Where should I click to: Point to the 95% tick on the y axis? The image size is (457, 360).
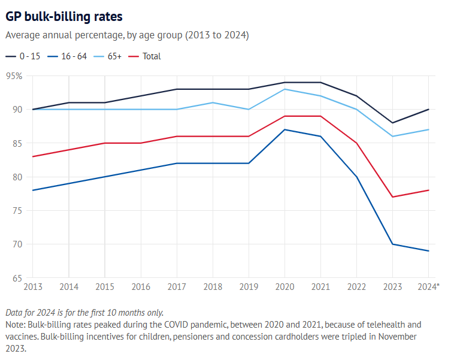(14, 76)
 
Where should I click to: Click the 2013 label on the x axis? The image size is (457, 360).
(32, 287)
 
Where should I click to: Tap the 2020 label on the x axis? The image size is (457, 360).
(285, 287)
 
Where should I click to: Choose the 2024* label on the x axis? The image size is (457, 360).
(429, 287)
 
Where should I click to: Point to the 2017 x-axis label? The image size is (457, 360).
(177, 287)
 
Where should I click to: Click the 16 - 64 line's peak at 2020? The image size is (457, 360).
(285, 129)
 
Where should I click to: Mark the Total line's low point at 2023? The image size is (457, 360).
(393, 197)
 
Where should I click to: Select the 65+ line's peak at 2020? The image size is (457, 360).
(285, 89)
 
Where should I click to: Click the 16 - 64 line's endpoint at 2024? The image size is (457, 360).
(429, 251)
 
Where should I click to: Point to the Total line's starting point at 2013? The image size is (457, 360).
(32, 156)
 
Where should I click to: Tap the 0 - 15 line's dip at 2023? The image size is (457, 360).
(393, 123)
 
